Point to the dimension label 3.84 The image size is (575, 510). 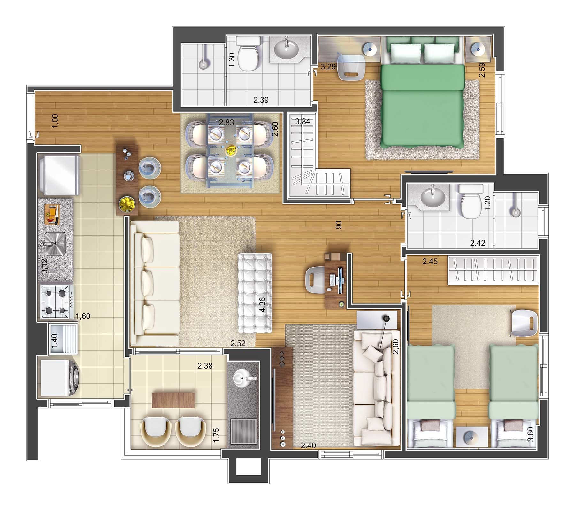click(303, 121)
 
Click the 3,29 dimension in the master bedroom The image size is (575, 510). click(328, 67)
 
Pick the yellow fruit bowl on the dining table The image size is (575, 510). click(230, 150)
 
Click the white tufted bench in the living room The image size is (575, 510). click(255, 293)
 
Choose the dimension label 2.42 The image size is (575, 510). click(478, 243)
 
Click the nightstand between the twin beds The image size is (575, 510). click(472, 437)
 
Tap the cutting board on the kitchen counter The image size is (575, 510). click(52, 212)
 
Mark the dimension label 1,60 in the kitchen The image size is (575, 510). click(83, 316)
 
